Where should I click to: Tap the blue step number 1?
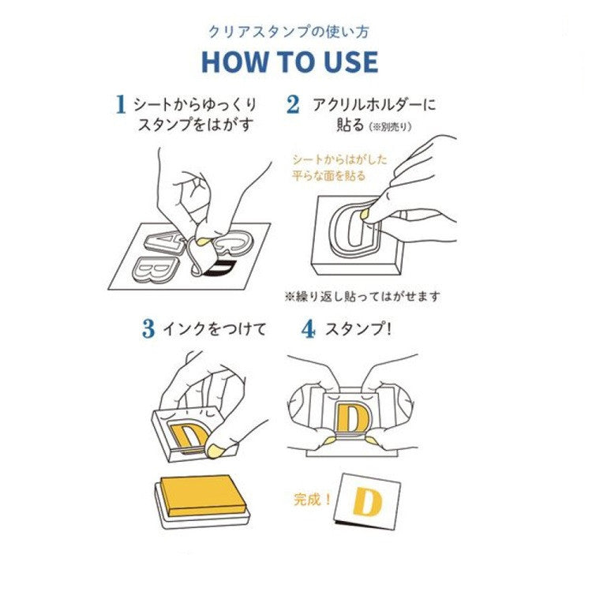(x=121, y=104)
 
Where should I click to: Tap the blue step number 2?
(x=293, y=104)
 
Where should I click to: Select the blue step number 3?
(x=148, y=329)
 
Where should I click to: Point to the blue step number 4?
(x=309, y=329)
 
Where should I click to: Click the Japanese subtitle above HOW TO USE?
(x=289, y=32)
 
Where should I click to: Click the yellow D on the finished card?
(x=366, y=502)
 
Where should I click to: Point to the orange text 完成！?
(x=313, y=500)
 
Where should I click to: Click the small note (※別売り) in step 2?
(x=390, y=127)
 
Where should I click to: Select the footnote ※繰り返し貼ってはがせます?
(x=362, y=297)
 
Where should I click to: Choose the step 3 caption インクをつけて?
(x=215, y=329)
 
